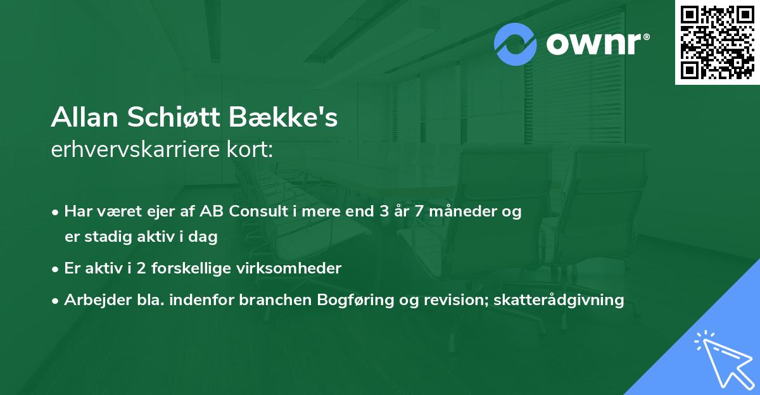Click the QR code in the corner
(x=717, y=42)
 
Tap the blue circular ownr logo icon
(x=516, y=44)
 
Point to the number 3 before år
(x=384, y=212)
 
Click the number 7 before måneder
(x=419, y=212)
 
